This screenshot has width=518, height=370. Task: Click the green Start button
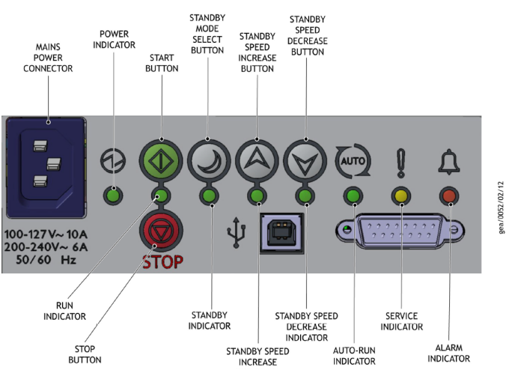pyautogui.click(x=161, y=160)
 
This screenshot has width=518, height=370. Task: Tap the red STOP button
pyautogui.click(x=159, y=232)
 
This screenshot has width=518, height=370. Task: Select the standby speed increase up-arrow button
pyautogui.click(x=257, y=160)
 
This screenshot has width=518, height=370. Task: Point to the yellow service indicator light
pyautogui.click(x=402, y=197)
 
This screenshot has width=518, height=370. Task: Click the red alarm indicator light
pyautogui.click(x=450, y=197)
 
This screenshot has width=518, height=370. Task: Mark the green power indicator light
pyautogui.click(x=113, y=197)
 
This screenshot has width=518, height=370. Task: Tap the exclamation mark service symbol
pyautogui.click(x=402, y=160)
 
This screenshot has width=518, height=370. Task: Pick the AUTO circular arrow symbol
pyautogui.click(x=353, y=160)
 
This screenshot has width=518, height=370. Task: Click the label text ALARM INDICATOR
pyautogui.click(x=449, y=353)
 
